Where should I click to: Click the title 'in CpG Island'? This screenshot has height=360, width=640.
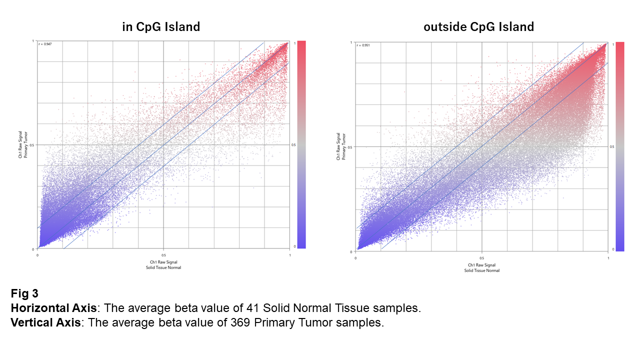click(x=161, y=27)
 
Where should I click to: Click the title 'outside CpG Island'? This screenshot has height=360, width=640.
click(x=478, y=27)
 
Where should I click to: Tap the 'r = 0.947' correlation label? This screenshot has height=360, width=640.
click(x=45, y=44)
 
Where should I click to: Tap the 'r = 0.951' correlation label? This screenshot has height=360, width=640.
click(x=363, y=45)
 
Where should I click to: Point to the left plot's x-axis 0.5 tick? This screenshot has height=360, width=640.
click(x=164, y=255)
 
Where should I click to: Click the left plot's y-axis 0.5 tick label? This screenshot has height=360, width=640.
click(x=33, y=145)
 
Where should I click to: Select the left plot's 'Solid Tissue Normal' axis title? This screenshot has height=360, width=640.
click(x=164, y=267)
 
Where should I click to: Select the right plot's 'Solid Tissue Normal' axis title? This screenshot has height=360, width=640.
click(x=481, y=270)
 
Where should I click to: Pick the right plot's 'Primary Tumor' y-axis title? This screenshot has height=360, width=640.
click(x=343, y=147)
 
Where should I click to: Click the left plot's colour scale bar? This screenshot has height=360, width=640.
click(x=301, y=144)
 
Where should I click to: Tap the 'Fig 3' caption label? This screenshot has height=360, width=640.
click(x=24, y=293)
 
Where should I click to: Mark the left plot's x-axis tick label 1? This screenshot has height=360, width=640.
click(x=290, y=255)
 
